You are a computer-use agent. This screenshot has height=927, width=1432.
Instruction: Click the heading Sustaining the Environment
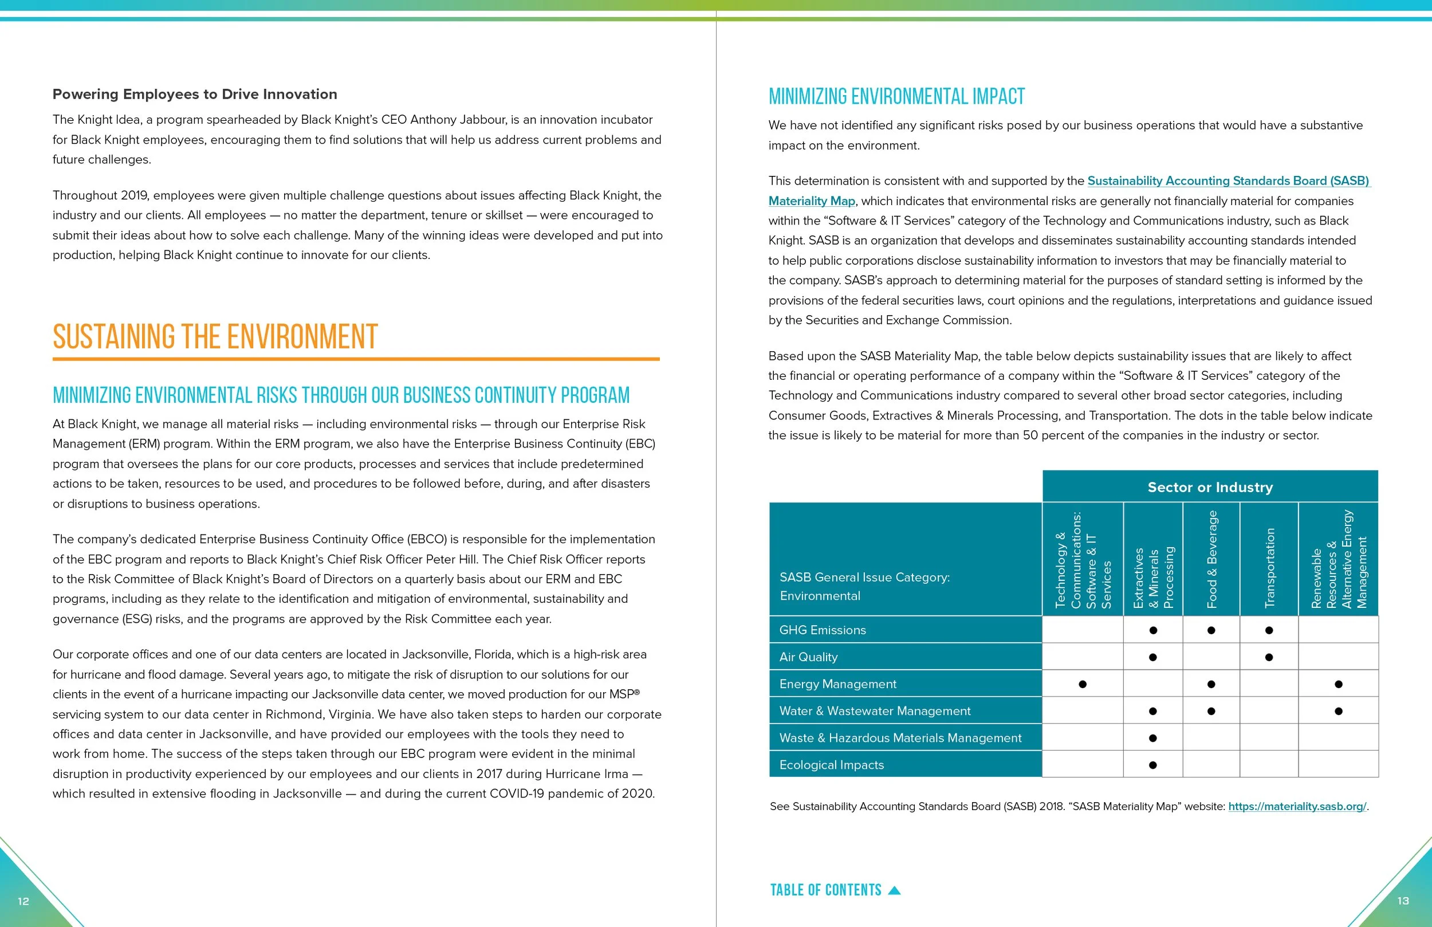(215, 336)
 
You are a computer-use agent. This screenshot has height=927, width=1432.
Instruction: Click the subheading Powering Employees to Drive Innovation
(194, 94)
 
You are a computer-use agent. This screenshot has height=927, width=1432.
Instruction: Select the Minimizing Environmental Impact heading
(896, 96)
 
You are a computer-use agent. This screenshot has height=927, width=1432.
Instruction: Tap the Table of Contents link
(825, 890)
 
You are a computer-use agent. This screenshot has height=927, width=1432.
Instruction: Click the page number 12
(23, 901)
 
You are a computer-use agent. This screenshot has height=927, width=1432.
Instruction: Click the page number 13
(1403, 901)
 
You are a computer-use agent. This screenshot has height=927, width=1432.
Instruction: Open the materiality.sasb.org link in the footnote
(1297, 807)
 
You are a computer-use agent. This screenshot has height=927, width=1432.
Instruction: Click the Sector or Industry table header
(1210, 487)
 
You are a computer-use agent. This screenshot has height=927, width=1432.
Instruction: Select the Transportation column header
(1269, 567)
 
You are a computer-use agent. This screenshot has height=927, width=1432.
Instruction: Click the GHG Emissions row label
(823, 630)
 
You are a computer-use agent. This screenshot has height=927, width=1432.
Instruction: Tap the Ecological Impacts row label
(832, 765)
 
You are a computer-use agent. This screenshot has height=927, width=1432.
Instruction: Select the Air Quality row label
(808, 657)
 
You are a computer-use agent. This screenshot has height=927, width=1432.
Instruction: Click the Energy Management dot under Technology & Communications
(1083, 685)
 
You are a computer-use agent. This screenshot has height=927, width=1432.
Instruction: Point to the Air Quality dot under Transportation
(1269, 657)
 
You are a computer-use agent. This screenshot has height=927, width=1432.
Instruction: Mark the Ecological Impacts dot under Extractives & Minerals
(1153, 765)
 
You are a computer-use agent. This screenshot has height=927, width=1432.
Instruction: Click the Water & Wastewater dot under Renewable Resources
(1338, 711)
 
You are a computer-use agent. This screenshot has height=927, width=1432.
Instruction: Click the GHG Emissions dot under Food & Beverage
(1211, 630)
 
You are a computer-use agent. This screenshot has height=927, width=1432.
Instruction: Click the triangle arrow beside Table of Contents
(895, 891)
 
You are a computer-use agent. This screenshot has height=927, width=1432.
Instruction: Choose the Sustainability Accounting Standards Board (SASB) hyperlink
(1228, 180)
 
